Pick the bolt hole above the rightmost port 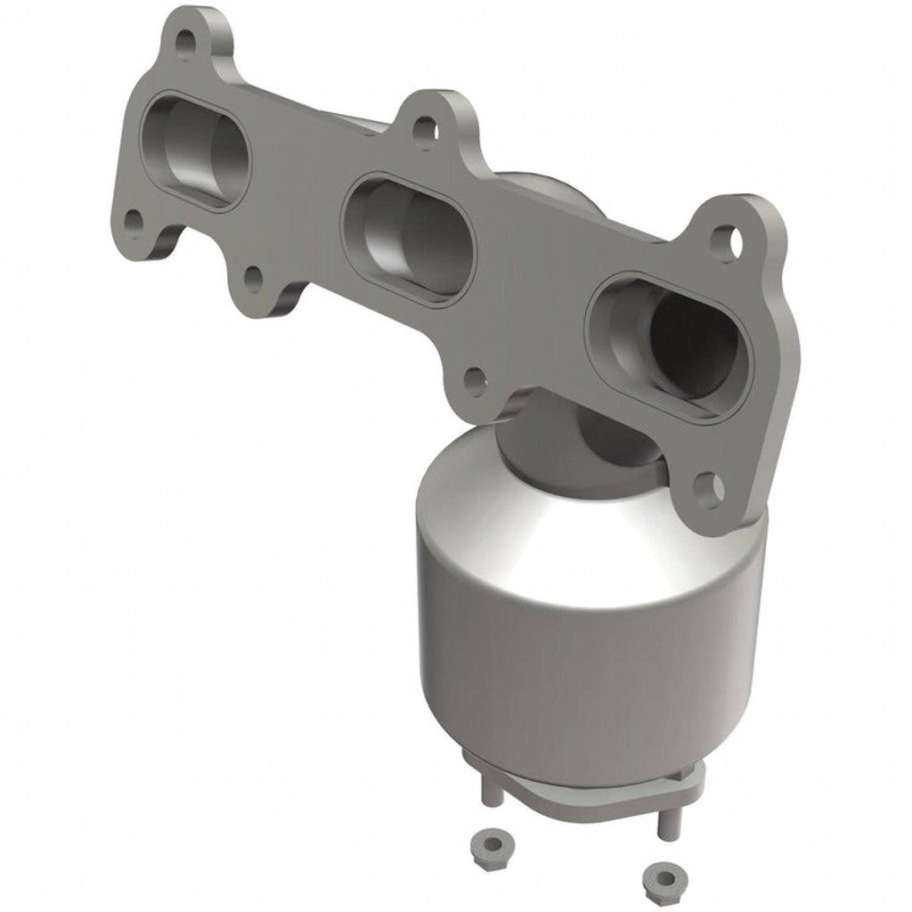tap(728, 238)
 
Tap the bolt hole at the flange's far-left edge tap(134, 218)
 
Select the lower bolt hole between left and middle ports tap(253, 281)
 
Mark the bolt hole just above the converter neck tap(476, 384)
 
